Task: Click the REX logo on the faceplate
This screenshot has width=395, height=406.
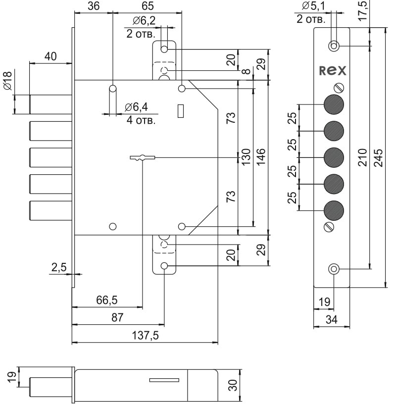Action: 333,71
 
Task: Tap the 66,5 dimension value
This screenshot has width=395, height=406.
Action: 107,301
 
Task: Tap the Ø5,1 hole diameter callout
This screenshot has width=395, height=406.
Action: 311,6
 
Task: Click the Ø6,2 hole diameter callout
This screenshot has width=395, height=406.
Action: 144,21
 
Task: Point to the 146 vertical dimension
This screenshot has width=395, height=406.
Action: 261,157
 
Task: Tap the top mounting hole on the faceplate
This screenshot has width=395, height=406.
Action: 334,46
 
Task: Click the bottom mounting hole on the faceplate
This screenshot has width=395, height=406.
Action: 334,269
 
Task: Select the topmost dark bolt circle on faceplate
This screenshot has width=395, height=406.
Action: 334,104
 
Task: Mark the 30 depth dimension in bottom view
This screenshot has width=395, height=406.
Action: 233,385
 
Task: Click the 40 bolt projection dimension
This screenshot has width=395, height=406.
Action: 50,56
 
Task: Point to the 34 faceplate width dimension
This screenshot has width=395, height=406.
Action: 331,320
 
